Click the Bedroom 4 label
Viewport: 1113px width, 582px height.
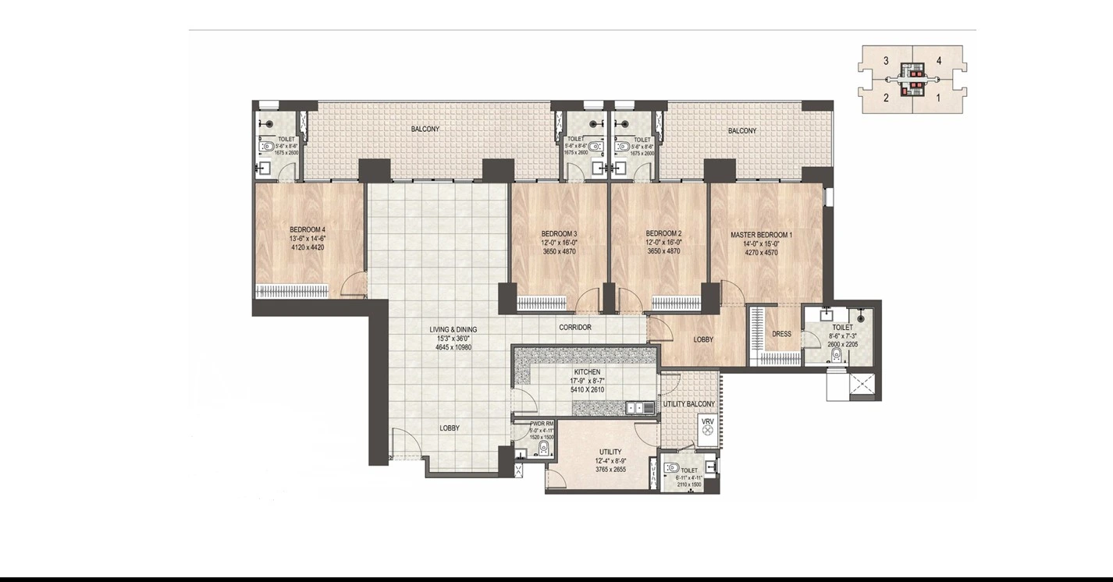tap(307, 229)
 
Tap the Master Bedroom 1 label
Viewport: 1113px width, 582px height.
tap(761, 234)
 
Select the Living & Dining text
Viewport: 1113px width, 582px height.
tap(453, 329)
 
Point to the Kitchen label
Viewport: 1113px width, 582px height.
tap(587, 372)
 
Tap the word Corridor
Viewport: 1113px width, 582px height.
tap(574, 328)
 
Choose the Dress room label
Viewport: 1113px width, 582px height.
tap(781, 335)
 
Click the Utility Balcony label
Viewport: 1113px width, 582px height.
tap(688, 404)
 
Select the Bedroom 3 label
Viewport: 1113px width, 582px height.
tap(559, 233)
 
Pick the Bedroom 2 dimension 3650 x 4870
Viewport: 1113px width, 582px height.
tap(663, 251)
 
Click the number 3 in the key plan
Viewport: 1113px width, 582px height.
tap(886, 61)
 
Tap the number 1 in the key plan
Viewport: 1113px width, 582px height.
tap(938, 98)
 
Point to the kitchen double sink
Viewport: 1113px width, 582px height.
tap(638, 406)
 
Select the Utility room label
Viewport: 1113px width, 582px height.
tap(610, 452)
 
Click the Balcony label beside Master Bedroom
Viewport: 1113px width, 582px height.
tap(741, 131)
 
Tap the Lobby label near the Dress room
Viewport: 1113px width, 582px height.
tap(703, 339)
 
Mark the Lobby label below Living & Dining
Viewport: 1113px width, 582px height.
tap(449, 428)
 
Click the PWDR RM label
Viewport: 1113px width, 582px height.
tap(542, 424)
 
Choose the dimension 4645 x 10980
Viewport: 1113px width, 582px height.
tap(453, 347)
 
